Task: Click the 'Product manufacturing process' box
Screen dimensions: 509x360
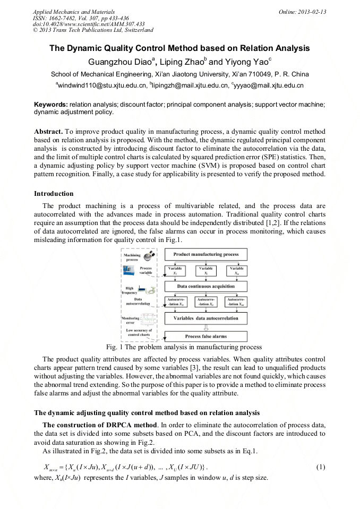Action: click(206, 255)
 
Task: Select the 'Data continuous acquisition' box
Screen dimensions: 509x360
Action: click(206, 287)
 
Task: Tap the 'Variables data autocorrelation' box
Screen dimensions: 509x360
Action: click(206, 318)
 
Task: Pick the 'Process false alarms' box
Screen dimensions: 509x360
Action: click(207, 337)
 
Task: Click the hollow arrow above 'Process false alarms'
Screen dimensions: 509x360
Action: click(206, 327)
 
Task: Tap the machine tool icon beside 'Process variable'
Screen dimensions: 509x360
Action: click(129, 271)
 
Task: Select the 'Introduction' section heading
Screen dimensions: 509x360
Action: click(54, 194)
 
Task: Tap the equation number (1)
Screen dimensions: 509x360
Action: click(320, 467)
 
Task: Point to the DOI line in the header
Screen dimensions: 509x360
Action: click(89, 24)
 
